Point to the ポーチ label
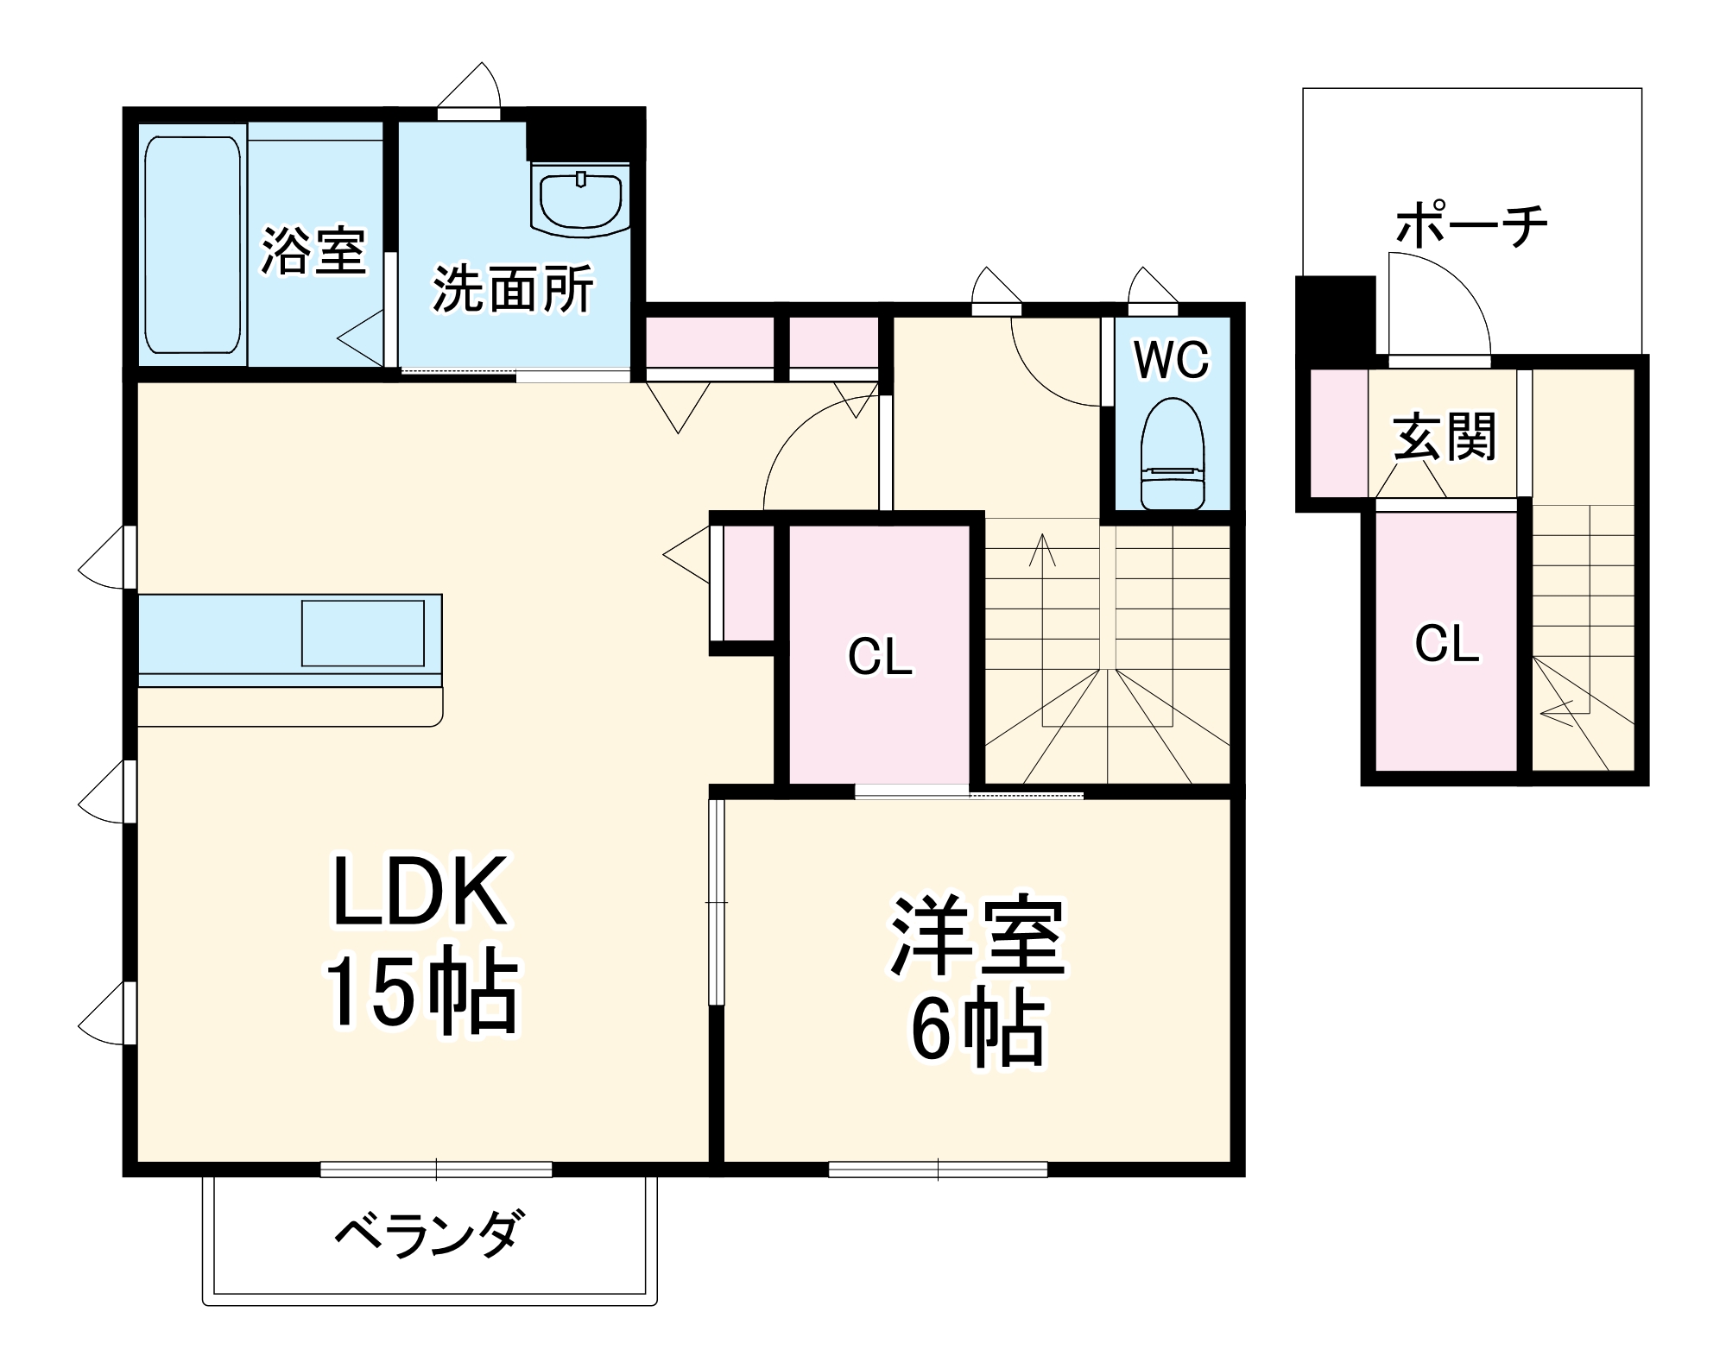pos(1471,225)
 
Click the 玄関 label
pos(1445,437)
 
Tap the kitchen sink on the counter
pos(363,634)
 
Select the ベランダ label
pos(429,1234)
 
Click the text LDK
pos(420,892)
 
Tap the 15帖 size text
pos(420,993)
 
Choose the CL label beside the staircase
pos(880,658)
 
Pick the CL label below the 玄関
pos(1446,644)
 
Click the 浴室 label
pos(313,251)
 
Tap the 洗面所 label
pos(513,288)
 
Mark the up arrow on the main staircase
pos(1042,550)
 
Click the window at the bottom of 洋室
pos(938,1170)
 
